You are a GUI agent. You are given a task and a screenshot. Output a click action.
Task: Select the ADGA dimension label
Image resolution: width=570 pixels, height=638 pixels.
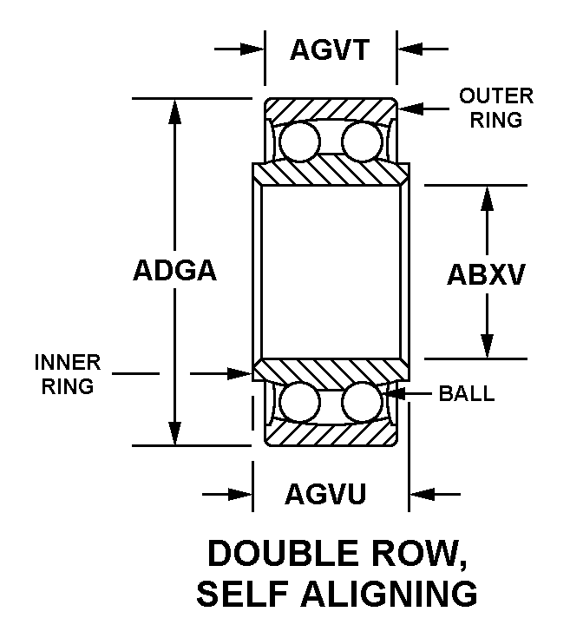pyautogui.click(x=174, y=271)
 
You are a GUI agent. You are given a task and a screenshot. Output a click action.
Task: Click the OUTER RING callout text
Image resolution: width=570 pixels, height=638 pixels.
pyautogui.click(x=496, y=108)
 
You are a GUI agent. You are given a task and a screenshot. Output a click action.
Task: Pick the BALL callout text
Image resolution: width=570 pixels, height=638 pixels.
pyautogui.click(x=466, y=393)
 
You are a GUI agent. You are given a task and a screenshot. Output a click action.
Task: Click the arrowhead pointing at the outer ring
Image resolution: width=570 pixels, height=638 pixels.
pyautogui.click(x=410, y=109)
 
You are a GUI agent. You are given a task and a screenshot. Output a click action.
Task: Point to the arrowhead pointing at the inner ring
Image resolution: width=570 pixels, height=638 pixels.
pyautogui.click(x=242, y=373)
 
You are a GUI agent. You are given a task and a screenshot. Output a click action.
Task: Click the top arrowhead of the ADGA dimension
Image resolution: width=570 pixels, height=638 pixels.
pyautogui.click(x=176, y=108)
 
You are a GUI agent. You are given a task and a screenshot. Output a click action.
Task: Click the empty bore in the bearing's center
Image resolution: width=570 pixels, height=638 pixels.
pyautogui.click(x=331, y=271)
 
